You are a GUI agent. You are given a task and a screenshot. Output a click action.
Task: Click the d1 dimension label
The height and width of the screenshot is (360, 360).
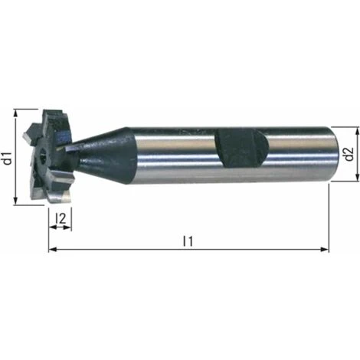pos(8,158)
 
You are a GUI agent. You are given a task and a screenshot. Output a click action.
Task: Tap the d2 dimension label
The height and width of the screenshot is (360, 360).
pos(349,154)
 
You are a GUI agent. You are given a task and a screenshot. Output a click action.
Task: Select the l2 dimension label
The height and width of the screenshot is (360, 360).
pos(61,218)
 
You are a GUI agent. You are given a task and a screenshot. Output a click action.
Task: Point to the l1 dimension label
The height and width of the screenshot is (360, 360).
pos(188,241)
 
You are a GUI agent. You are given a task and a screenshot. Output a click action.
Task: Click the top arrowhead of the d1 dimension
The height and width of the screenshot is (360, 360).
pos(16,113)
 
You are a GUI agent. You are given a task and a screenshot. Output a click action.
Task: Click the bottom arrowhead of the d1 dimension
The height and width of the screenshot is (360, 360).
pos(16,201)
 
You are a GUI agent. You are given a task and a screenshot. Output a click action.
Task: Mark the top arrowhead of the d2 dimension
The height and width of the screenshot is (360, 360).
pos(357,130)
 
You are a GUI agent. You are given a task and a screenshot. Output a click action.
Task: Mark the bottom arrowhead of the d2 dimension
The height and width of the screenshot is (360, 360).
pos(357,178)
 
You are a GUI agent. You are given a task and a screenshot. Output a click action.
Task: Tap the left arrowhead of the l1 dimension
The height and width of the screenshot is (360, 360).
pos(52,250)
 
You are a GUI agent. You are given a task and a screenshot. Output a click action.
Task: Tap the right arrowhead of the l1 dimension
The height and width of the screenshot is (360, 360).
pos(325,250)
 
